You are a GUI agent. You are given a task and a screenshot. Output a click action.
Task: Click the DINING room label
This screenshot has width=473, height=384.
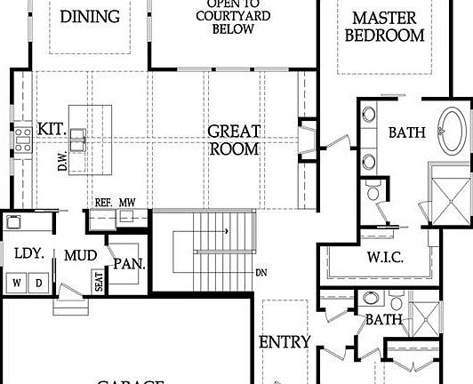[x=90, y=17]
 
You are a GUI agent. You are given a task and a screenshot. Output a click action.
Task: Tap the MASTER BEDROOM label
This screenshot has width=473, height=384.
[x=384, y=27]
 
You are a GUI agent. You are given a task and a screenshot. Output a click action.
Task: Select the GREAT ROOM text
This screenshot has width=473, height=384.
[x=234, y=140]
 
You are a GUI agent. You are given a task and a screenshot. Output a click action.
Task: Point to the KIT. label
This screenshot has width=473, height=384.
[x=52, y=130]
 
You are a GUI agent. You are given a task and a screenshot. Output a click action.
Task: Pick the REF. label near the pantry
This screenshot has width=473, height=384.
[x=103, y=203]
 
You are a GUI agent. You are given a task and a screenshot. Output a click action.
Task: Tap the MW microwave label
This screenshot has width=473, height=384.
[x=127, y=203]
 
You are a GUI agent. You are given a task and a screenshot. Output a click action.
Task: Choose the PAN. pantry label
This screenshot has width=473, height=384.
[x=129, y=264]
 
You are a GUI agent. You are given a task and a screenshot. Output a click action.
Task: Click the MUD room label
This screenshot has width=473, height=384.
[x=80, y=256]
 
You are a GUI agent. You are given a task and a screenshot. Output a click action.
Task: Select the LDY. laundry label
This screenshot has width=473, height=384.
[x=28, y=253]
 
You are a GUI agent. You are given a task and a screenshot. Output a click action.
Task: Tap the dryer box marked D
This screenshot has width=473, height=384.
[x=38, y=284]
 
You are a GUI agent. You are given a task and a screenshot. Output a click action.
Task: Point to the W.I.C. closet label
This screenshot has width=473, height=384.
[x=385, y=258]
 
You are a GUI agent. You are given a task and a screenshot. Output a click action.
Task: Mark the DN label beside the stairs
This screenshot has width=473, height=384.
[x=261, y=272]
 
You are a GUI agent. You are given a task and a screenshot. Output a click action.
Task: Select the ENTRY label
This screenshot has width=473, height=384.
[x=285, y=342]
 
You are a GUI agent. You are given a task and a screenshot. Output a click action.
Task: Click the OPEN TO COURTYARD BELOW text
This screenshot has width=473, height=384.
[x=233, y=17]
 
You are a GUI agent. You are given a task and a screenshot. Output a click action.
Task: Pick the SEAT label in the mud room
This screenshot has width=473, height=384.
[x=99, y=281]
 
